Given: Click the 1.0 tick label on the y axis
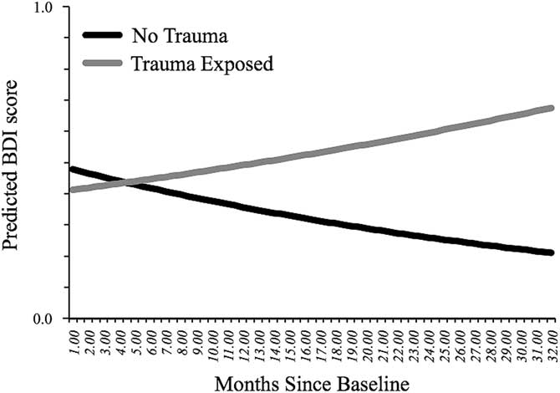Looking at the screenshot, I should (41, 8).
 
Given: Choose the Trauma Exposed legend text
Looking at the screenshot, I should (202, 63).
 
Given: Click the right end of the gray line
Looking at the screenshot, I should (551, 108).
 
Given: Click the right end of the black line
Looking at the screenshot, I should (551, 253).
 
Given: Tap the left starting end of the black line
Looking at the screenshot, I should (72, 169).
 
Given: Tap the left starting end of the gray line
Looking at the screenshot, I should (72, 190).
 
